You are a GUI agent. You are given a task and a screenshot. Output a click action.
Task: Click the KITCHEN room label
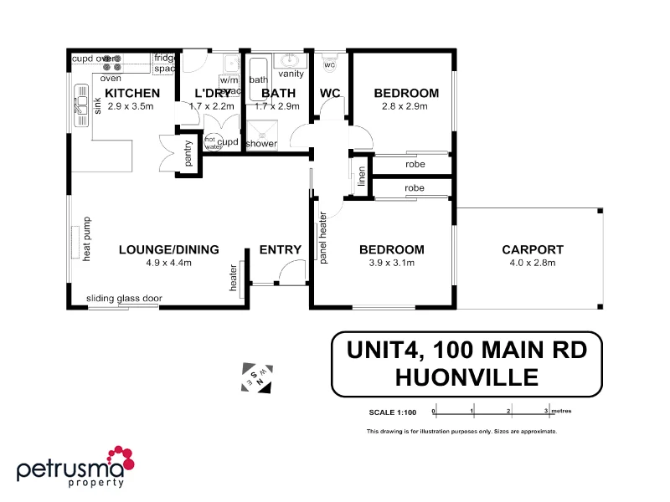132,93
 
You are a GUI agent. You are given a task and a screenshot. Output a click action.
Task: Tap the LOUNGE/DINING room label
168,249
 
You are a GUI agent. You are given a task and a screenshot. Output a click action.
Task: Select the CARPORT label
533,249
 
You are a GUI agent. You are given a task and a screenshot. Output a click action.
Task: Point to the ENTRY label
280,249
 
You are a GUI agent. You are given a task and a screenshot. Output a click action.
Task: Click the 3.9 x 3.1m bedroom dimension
391,263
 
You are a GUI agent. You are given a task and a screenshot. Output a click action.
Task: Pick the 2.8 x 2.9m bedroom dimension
406,106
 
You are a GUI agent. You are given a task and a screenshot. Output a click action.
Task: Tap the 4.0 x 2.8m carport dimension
533,263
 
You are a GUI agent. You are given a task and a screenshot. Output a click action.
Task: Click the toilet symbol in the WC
329,63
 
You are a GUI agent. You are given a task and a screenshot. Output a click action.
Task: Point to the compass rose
257,377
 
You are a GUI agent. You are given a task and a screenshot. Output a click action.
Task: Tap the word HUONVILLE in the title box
466,377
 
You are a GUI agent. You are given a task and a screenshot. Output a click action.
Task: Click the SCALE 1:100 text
393,412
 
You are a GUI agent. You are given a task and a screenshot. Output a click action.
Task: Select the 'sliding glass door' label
124,299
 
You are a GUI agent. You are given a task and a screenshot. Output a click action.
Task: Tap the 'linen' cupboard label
361,177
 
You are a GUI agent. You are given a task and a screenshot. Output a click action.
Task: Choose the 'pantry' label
188,153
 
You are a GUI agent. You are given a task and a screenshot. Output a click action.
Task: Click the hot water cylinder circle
210,142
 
